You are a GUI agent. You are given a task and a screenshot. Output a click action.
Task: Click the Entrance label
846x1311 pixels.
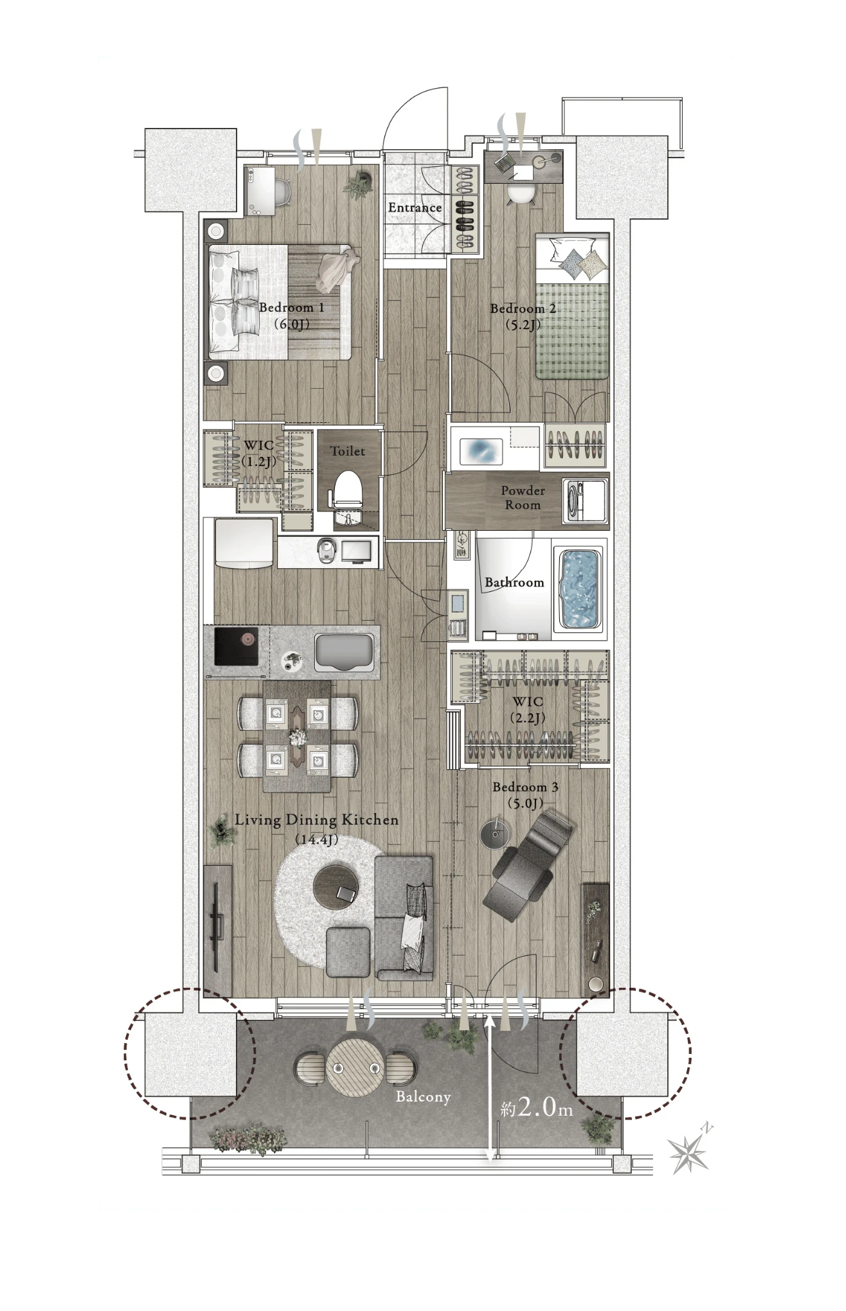point(415,208)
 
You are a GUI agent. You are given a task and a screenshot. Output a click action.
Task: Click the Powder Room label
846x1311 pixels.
point(523,497)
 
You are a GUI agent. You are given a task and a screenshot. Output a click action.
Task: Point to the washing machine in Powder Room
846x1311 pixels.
point(585,501)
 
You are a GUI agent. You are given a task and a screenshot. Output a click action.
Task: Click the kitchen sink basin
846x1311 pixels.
point(345,653)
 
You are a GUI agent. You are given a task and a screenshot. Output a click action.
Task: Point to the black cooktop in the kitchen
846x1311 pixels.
point(236,647)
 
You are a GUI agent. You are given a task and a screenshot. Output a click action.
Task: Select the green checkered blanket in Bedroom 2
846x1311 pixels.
point(572,331)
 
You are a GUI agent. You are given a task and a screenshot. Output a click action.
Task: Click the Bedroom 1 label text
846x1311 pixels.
point(291,315)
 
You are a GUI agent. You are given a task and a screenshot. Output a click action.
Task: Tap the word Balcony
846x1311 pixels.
point(423,1096)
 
